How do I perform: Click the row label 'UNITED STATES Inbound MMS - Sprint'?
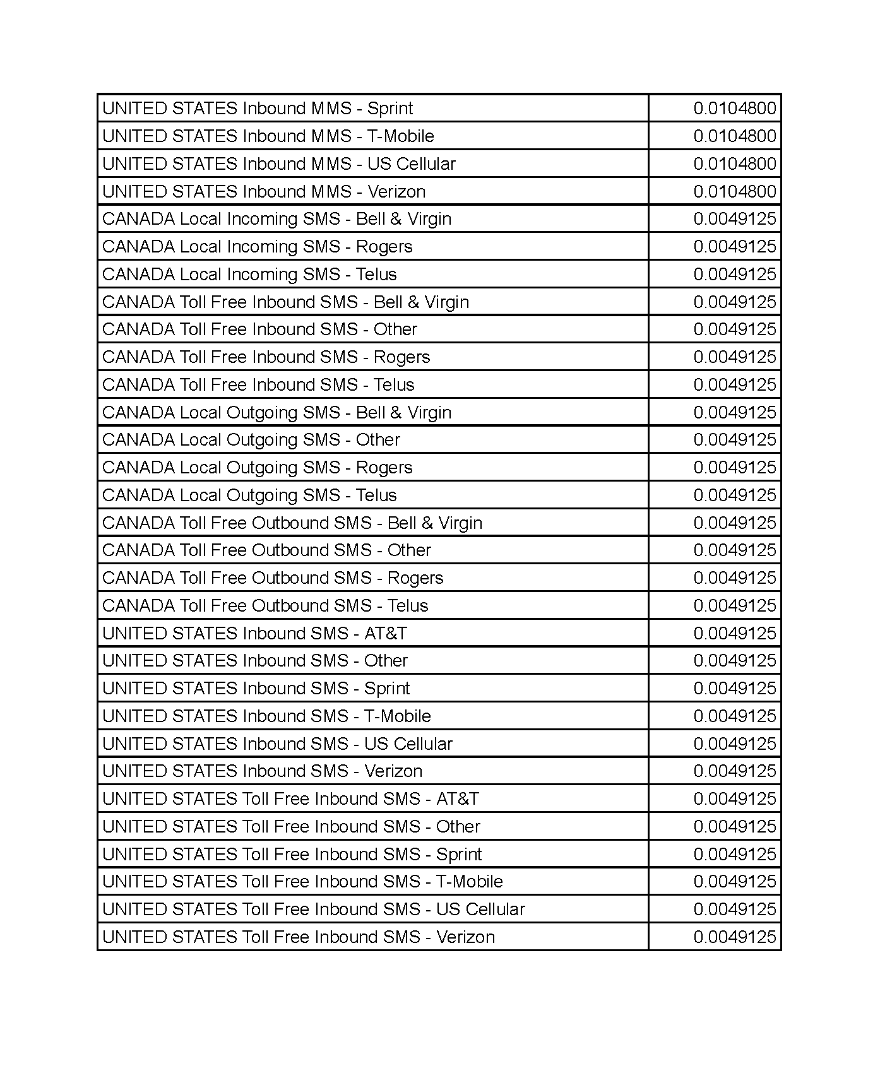point(257,109)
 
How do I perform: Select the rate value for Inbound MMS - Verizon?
point(734,191)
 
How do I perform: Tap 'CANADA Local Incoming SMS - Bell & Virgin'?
point(276,219)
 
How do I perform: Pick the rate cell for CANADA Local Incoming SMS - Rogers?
point(734,247)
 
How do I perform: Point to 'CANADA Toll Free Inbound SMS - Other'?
point(259,329)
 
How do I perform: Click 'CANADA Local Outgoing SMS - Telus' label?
point(249,495)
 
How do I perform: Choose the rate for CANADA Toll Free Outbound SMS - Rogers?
point(734,578)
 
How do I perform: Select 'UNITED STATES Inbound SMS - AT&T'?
point(254,634)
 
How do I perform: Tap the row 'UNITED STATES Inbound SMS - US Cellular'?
point(277,744)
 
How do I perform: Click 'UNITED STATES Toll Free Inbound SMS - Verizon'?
point(298,937)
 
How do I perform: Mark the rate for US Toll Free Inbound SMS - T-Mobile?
point(734,882)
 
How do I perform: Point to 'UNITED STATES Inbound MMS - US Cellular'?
point(278,164)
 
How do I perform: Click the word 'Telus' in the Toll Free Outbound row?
point(408,606)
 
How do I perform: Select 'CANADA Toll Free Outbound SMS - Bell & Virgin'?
point(292,523)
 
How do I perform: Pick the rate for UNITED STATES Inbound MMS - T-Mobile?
point(734,136)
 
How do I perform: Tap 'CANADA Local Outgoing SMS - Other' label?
point(251,440)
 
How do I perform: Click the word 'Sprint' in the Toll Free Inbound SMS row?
point(459,855)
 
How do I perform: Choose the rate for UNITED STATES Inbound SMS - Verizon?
point(734,771)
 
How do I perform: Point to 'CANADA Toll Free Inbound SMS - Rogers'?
point(266,357)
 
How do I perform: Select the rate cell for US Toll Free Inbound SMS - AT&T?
point(734,799)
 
